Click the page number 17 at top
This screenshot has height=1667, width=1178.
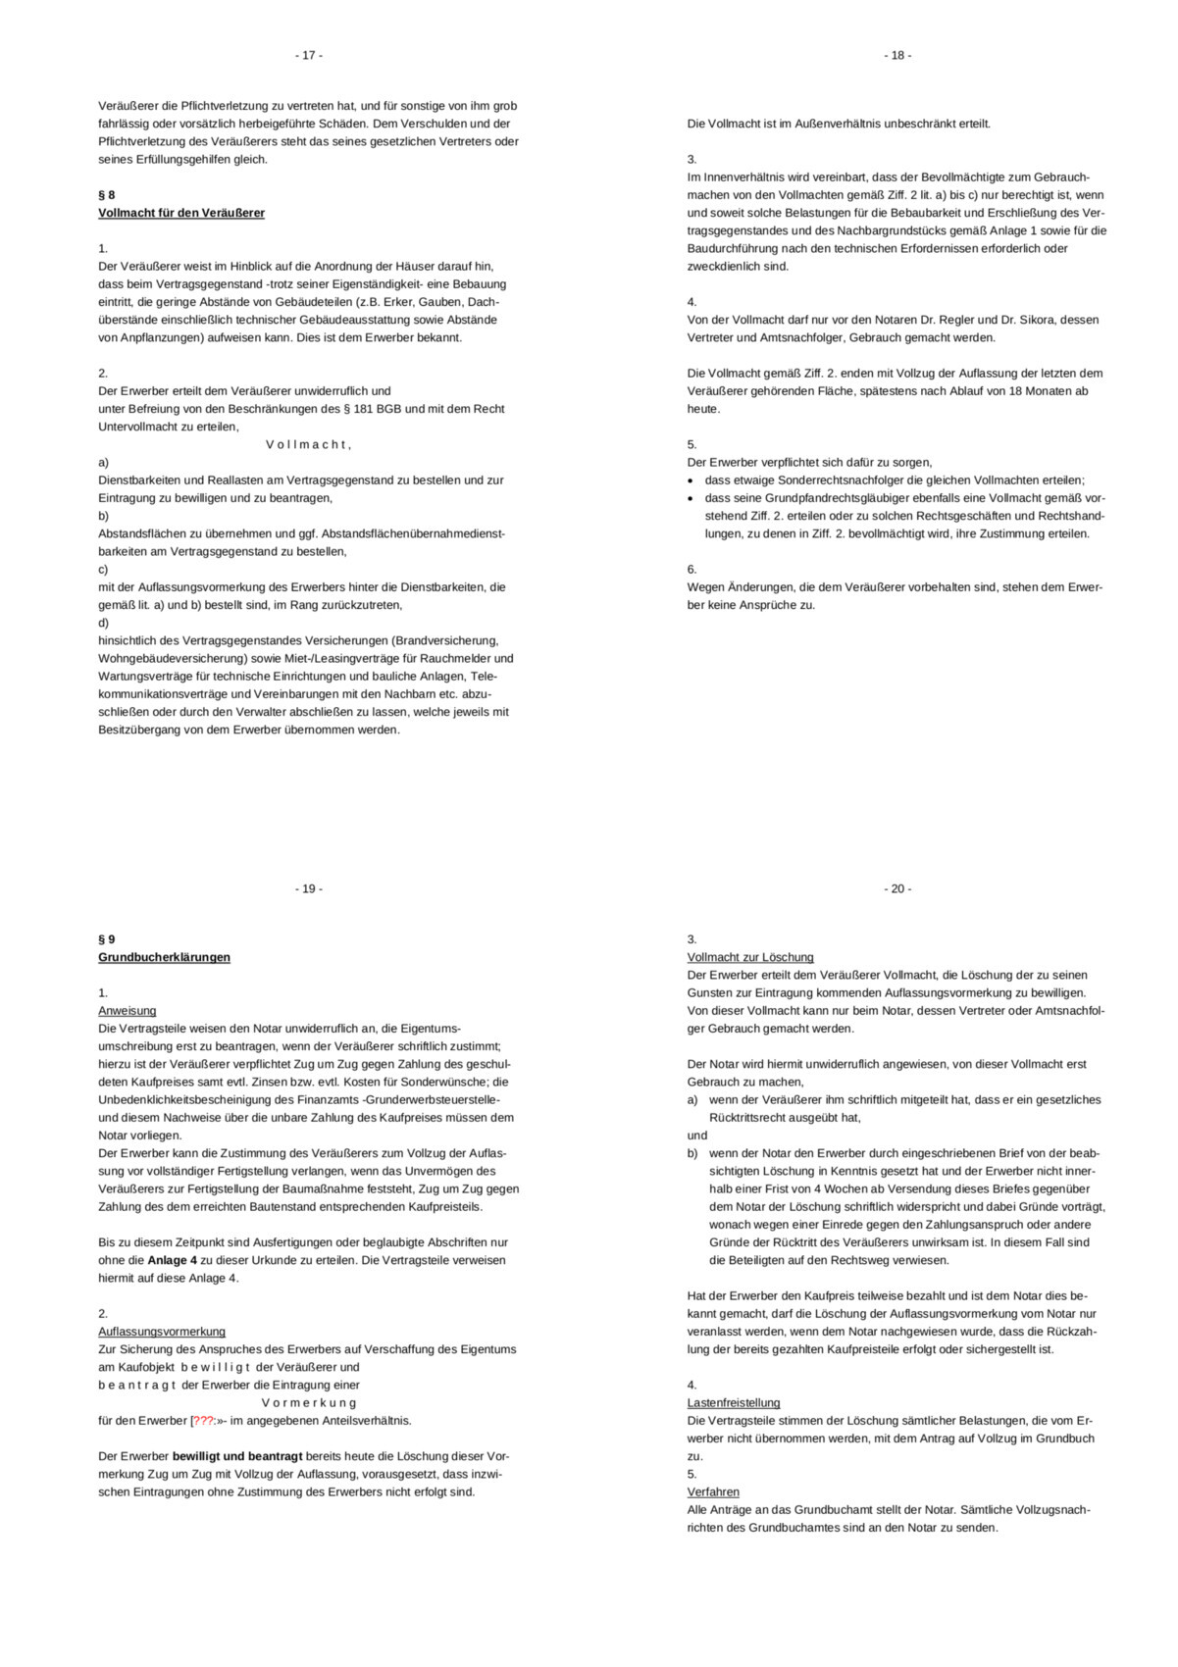308,56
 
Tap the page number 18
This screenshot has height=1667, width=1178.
896,56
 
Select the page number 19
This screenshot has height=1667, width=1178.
308,889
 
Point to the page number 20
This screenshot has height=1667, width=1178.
896,889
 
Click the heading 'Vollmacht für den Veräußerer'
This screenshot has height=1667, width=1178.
181,213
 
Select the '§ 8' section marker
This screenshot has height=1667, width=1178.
107,195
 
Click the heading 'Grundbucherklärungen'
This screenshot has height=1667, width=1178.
164,957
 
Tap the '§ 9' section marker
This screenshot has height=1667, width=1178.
107,939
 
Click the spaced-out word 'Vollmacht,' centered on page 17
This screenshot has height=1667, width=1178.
308,445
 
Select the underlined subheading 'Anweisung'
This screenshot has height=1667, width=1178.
127,1011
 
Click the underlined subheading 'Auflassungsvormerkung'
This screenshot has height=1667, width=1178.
162,1332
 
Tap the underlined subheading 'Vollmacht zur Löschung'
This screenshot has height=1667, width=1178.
750,957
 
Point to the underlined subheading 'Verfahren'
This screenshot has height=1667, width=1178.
713,1492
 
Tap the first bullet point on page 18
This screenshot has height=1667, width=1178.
692,480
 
